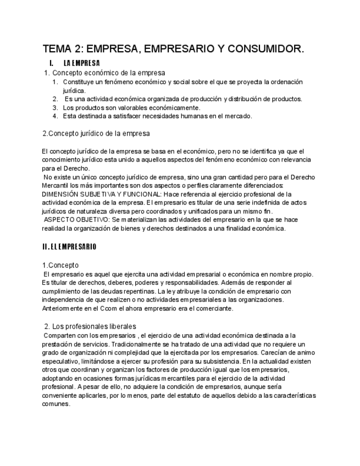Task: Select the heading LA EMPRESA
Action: [82, 63]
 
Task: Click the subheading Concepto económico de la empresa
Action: [108, 73]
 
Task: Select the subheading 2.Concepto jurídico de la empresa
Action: [96, 133]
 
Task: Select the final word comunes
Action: [56, 404]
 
